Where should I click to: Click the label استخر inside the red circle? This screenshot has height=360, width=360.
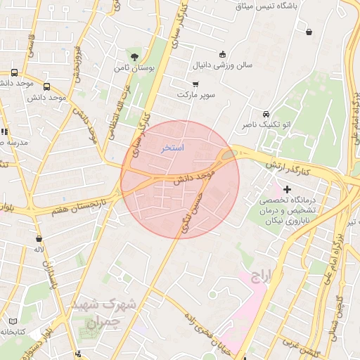point(172,148)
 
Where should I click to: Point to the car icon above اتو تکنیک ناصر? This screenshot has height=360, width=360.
point(266,114)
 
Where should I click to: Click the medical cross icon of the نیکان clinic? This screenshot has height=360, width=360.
point(288,188)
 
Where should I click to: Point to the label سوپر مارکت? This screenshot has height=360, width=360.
point(195,94)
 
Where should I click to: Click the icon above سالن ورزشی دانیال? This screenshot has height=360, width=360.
point(223,55)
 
